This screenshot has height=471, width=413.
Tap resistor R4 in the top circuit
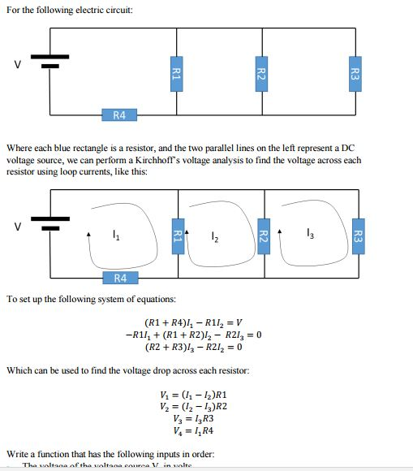[119, 115]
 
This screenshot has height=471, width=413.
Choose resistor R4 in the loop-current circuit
[119, 278]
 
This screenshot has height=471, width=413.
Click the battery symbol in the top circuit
[49, 63]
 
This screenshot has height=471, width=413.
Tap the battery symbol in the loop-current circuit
[50, 224]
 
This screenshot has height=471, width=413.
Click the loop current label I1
[114, 236]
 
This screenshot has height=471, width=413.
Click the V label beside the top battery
[15, 65]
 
